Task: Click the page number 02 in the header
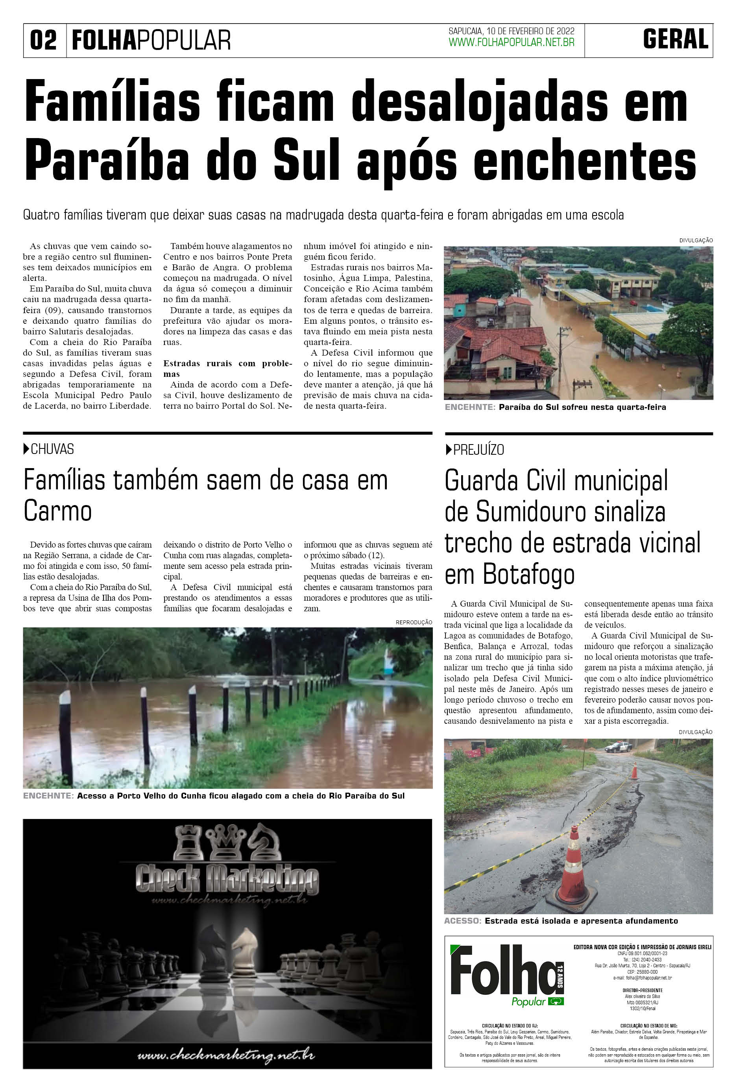(43, 40)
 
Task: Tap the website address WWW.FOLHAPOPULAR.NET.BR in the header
(512, 43)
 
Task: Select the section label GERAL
(676, 39)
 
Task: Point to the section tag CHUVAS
(52, 449)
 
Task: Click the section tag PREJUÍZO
(478, 450)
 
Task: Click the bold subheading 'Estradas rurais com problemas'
(227, 368)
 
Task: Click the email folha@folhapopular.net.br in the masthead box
(642, 978)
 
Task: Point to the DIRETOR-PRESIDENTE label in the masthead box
(642, 991)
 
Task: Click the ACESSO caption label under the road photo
(462, 921)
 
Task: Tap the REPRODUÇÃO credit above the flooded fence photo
(414, 622)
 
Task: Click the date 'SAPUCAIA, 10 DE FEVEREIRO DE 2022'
(512, 31)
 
